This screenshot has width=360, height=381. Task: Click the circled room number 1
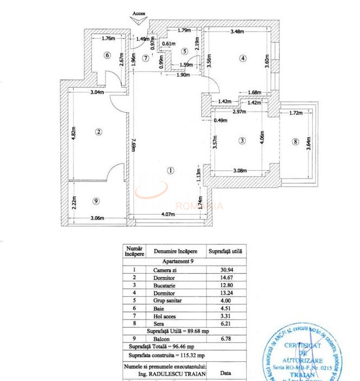click(x=170, y=170)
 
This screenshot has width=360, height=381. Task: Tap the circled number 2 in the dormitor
click(x=98, y=131)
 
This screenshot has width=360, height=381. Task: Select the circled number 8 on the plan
click(x=295, y=142)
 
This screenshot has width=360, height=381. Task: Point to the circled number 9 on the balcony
click(x=96, y=201)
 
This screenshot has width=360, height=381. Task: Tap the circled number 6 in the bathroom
click(x=107, y=55)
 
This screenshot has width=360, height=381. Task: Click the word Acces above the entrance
click(x=138, y=15)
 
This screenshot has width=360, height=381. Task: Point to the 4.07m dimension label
click(x=169, y=214)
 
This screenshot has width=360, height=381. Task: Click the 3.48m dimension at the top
click(x=237, y=32)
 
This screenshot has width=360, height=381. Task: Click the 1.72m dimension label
click(x=295, y=113)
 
